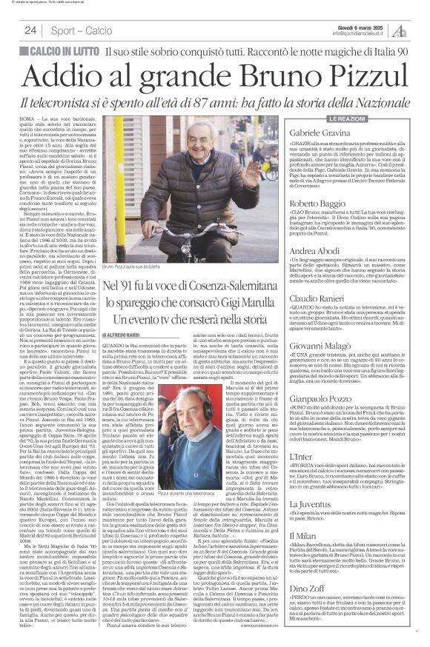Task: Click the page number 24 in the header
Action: [x=31, y=30]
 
